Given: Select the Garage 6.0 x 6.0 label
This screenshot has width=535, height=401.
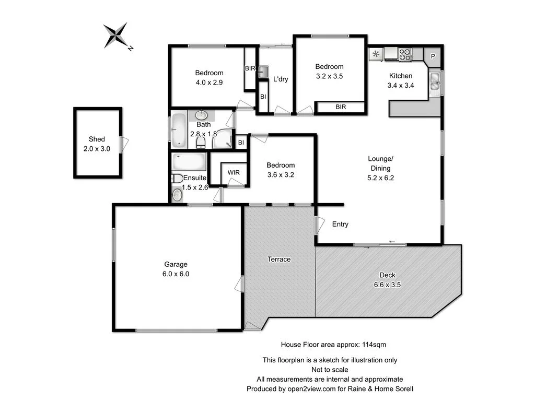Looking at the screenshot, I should coord(175,269).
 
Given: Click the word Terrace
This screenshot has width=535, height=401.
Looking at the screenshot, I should coord(279,259).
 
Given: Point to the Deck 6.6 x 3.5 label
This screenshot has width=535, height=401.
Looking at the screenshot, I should coord(387,280).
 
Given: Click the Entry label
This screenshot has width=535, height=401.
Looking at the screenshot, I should coord(340,224).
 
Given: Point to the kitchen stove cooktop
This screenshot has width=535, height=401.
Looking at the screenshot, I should coord(405,53).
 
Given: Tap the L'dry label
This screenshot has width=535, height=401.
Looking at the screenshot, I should coord(281,79).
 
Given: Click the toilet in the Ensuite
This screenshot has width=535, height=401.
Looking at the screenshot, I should coord(177,178).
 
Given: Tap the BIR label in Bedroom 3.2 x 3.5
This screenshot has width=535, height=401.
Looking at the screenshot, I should coord(341,107).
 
